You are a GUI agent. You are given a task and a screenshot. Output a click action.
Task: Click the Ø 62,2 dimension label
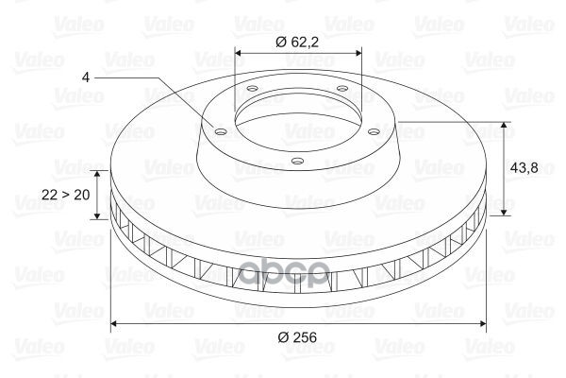[297, 43]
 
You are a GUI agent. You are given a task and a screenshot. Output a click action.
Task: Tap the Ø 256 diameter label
[297, 337]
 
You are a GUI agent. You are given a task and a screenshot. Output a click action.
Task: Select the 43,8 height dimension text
[524, 168]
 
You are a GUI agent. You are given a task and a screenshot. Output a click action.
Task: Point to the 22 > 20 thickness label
[66, 195]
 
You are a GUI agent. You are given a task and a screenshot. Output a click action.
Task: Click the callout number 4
[86, 77]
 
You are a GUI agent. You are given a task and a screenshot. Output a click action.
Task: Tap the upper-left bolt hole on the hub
[252, 88]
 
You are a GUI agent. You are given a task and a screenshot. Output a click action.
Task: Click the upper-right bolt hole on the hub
[341, 88]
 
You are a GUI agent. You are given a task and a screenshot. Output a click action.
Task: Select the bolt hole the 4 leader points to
[220, 131]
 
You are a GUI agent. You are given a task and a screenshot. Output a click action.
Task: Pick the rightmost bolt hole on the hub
[375, 131]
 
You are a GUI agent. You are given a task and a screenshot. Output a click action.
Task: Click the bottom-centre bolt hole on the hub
[297, 161]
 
